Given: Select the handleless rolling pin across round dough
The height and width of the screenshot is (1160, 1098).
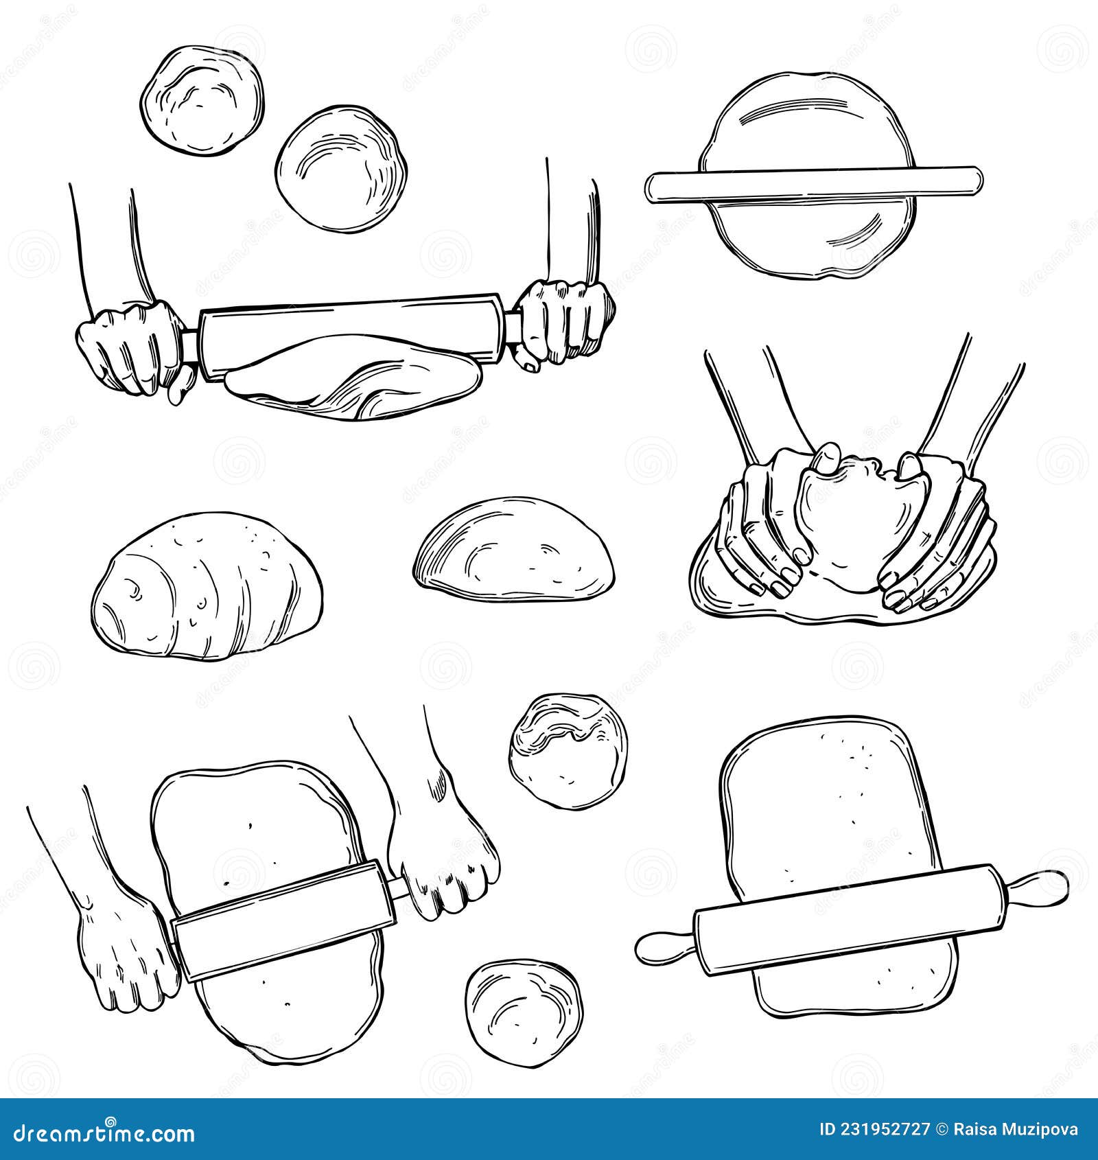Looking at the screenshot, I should [x=813, y=184].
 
